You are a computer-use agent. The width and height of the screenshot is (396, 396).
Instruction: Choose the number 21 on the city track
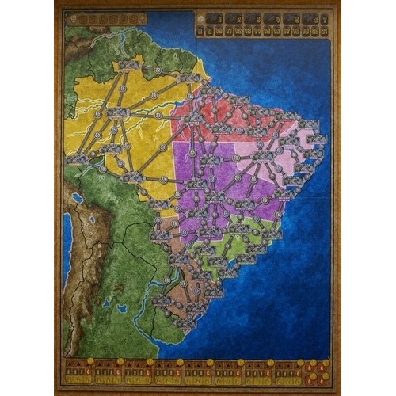tap(324, 30)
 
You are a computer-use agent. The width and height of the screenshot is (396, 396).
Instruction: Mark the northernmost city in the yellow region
tap(126, 65)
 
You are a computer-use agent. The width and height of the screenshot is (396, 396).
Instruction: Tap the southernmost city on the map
tap(187, 322)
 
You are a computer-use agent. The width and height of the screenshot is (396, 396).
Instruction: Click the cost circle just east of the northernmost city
tap(158, 70)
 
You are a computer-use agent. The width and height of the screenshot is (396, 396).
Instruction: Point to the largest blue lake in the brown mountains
tap(77, 197)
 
